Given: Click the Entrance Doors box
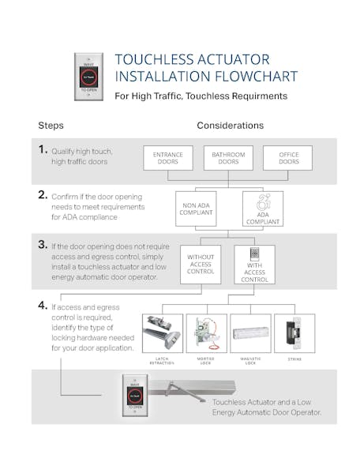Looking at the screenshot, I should tap(167, 158).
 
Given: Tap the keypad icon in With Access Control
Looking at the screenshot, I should tap(253, 254).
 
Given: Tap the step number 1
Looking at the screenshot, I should tap(43, 148).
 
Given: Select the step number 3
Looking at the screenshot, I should tap(43, 245).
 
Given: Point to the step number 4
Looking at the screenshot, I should tap(43, 305).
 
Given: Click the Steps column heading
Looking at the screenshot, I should tap(51, 125).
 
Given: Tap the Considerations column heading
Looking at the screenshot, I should tap(230, 125).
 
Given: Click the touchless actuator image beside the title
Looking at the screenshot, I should tap(88, 77).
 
